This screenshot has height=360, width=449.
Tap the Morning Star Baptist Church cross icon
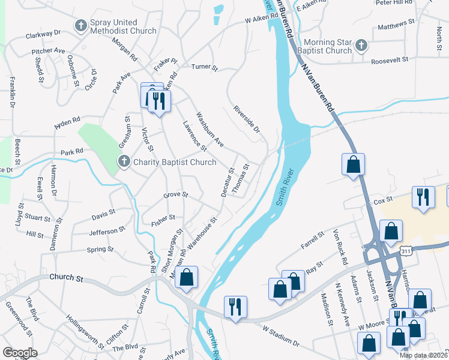pos(361,45)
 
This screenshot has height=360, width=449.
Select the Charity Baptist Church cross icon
pos(124,161)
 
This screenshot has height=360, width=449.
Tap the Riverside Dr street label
pos(247,120)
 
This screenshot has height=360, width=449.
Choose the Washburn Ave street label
pos(209,130)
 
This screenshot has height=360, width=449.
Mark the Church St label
pos(67,278)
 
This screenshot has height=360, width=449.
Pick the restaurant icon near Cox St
pos(423,199)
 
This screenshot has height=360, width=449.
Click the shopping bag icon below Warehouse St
pos(186,278)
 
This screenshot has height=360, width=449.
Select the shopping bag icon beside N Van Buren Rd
pos(353,164)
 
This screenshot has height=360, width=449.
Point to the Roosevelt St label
pos(389,60)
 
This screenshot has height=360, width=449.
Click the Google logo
pos(20,353)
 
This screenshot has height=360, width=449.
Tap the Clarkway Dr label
pos(43,35)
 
